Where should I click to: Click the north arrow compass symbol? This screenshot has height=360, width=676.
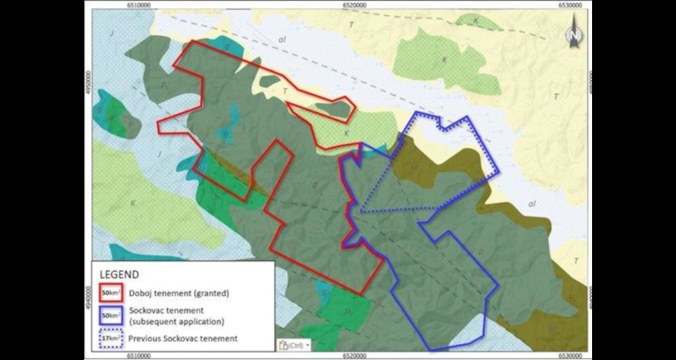[x=574, y=34]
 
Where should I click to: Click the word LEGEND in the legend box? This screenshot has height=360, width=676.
[x=119, y=275]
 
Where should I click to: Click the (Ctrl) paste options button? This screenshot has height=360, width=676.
[x=293, y=345]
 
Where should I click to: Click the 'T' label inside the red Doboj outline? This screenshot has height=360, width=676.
[x=285, y=92]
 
